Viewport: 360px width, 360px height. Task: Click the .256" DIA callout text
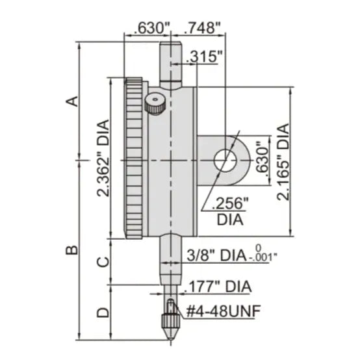[x=227, y=211]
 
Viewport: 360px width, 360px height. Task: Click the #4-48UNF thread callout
[x=222, y=311]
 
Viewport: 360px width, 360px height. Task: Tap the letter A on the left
[x=74, y=101]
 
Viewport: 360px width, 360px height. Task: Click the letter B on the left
[x=74, y=248]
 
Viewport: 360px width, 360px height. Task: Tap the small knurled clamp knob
[x=155, y=103]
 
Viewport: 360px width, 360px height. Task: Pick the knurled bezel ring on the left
[x=133, y=159]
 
